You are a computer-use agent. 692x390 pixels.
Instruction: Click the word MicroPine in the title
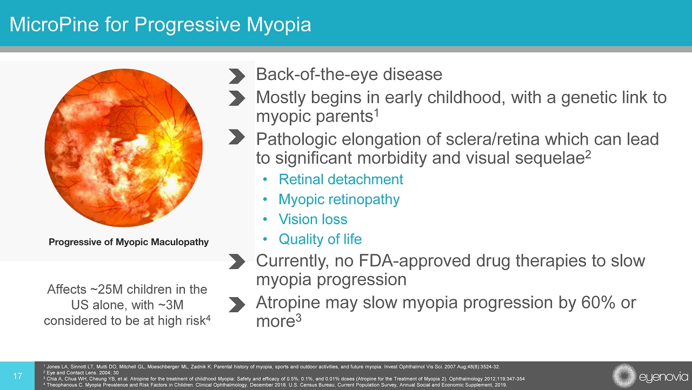(x=54, y=25)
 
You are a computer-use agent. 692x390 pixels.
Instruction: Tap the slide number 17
(x=18, y=376)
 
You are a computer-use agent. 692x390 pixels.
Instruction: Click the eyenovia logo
(x=650, y=376)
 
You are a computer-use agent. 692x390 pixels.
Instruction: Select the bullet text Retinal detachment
(x=341, y=179)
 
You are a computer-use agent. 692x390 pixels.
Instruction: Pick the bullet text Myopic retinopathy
(x=339, y=200)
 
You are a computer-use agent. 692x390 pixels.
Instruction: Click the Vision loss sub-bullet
(x=313, y=219)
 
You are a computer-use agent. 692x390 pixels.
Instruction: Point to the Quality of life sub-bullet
(x=320, y=239)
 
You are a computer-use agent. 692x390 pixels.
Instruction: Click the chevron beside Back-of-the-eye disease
(x=237, y=76)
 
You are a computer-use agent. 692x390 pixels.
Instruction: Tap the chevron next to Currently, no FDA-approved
(x=237, y=261)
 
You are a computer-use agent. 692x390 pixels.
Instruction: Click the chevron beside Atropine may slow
(x=237, y=305)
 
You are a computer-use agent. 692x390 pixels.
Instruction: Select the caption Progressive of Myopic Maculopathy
(x=129, y=242)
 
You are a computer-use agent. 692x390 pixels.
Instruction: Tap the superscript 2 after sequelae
(x=588, y=154)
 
